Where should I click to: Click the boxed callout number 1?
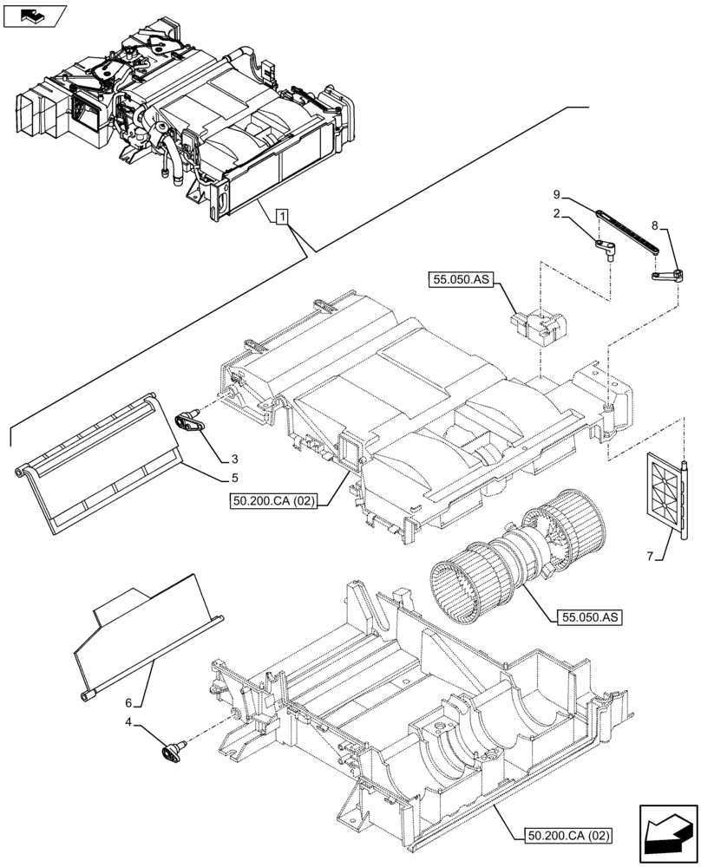pos(282,216)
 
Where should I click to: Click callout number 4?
pos(128,720)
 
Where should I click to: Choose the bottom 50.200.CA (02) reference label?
pos(568,837)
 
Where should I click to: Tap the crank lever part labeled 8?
pos(666,275)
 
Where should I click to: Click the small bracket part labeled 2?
pos(606,249)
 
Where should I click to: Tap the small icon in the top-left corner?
pos(35,15)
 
